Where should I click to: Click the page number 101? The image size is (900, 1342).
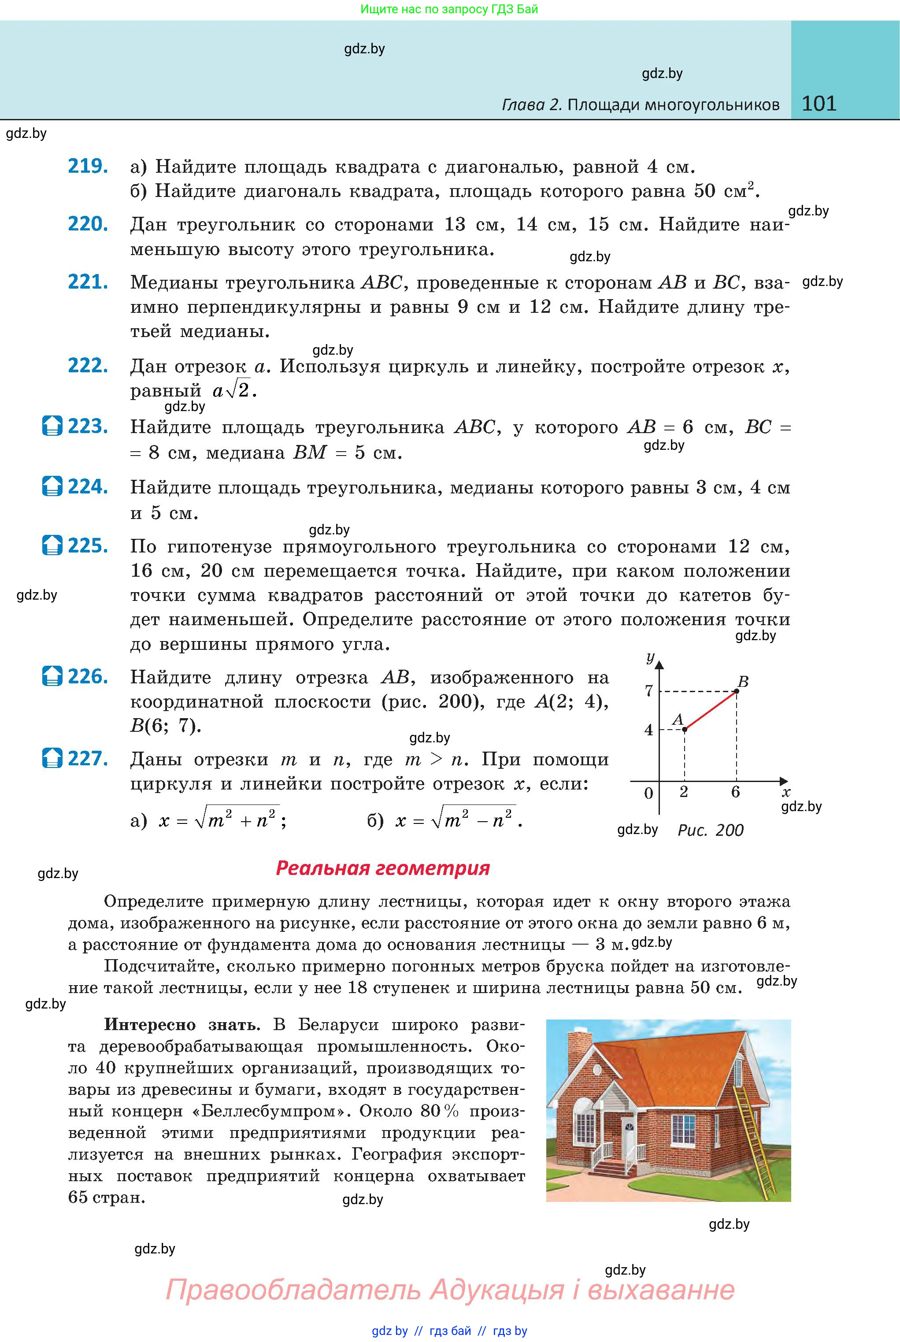[819, 104]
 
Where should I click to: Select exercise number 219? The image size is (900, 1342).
[88, 166]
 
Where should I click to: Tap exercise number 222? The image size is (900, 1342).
[88, 366]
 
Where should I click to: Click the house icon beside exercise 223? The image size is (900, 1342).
[52, 426]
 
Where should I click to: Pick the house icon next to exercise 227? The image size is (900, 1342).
[52, 758]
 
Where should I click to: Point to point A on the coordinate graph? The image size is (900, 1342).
[685, 729]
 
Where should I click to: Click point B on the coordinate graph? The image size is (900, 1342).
[737, 690]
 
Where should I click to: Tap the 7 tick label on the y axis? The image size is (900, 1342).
[648, 690]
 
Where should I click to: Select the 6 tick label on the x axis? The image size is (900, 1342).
[735, 792]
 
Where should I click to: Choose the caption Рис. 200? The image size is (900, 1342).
[710, 830]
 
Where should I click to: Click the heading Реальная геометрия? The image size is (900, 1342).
[383, 867]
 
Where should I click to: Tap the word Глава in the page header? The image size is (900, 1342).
[522, 105]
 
